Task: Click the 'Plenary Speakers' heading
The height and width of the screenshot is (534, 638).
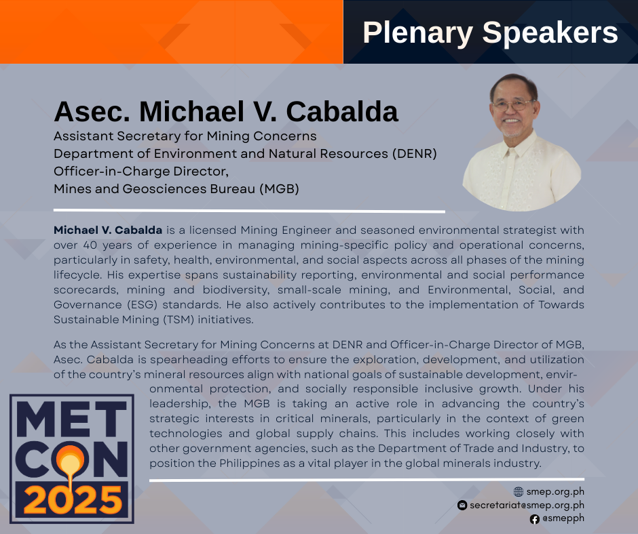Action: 490,33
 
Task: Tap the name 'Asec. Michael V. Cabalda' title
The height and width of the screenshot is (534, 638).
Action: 226,111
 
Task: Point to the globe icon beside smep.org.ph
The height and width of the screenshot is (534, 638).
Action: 519,492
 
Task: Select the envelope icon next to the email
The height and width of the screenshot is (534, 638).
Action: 462,505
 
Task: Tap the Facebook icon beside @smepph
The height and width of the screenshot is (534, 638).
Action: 535,519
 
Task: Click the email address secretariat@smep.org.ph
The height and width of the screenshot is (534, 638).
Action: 527,505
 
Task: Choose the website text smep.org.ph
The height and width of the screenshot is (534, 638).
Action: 555,492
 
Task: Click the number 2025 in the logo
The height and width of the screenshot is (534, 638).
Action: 73,500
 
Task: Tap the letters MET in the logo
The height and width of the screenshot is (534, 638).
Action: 72,419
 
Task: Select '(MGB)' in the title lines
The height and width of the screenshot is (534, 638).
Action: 279,189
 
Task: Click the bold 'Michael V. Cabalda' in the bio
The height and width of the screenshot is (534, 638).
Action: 108,230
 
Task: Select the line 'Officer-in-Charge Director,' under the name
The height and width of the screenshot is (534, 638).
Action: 141,171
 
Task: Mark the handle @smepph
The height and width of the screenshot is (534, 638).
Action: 563,518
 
